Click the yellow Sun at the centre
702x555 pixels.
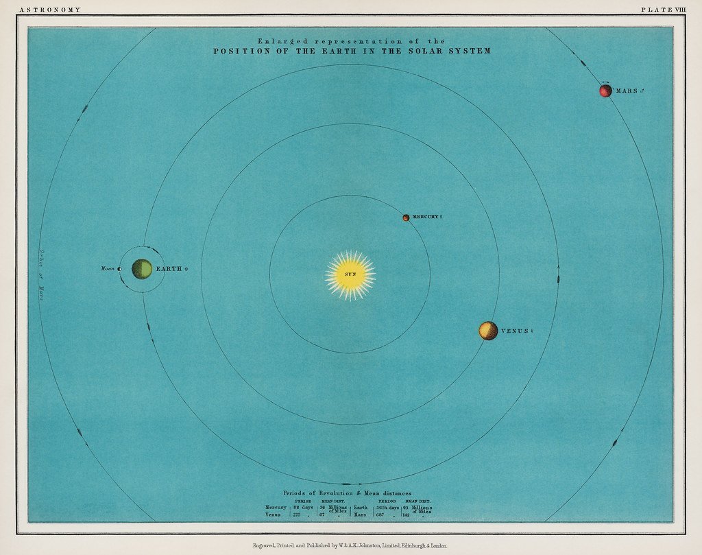(x=350, y=274)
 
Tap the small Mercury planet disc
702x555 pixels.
(x=406, y=217)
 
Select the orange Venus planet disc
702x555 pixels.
(x=488, y=331)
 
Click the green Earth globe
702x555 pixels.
(x=142, y=269)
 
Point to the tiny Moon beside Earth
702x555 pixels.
(x=119, y=269)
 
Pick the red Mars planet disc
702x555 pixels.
(x=605, y=91)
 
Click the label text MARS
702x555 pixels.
(x=627, y=91)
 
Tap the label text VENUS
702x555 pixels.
(x=515, y=331)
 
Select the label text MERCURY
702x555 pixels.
(x=424, y=217)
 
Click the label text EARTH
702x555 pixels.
(x=169, y=269)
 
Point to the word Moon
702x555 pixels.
(x=107, y=269)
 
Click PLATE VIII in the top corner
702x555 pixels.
(x=662, y=10)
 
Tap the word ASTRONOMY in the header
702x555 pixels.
(x=50, y=10)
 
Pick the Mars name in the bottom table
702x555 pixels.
(x=360, y=514)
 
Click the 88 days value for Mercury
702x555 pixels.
(x=303, y=507)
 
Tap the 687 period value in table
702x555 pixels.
(x=380, y=514)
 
